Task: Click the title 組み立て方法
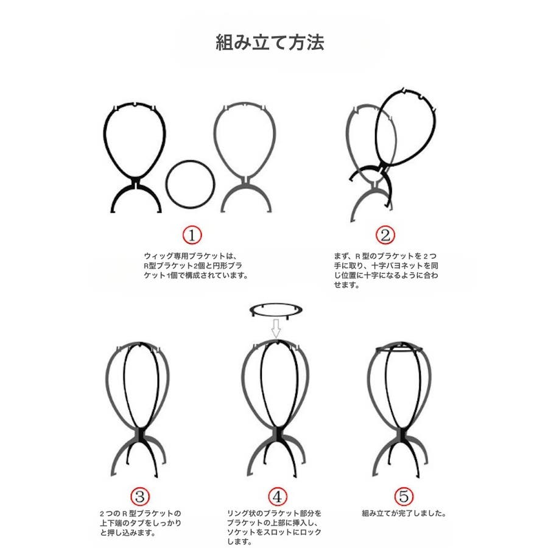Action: click(x=270, y=43)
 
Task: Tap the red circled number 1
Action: click(x=192, y=235)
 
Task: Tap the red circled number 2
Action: click(x=385, y=235)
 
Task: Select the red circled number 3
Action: click(x=140, y=496)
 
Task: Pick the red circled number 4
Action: click(x=278, y=496)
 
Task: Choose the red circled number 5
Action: click(x=404, y=496)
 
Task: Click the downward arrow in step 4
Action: click(x=276, y=328)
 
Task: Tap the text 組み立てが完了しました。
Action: click(x=404, y=513)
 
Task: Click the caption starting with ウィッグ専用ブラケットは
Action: click(x=196, y=265)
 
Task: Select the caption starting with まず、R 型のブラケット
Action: click(x=386, y=270)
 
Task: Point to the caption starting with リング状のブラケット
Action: click(x=274, y=528)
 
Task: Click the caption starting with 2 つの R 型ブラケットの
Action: click(x=141, y=523)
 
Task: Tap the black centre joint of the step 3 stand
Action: click(x=141, y=434)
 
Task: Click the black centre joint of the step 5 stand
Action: click(x=402, y=434)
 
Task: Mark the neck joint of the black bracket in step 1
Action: click(x=136, y=183)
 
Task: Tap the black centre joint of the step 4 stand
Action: click(x=278, y=434)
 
